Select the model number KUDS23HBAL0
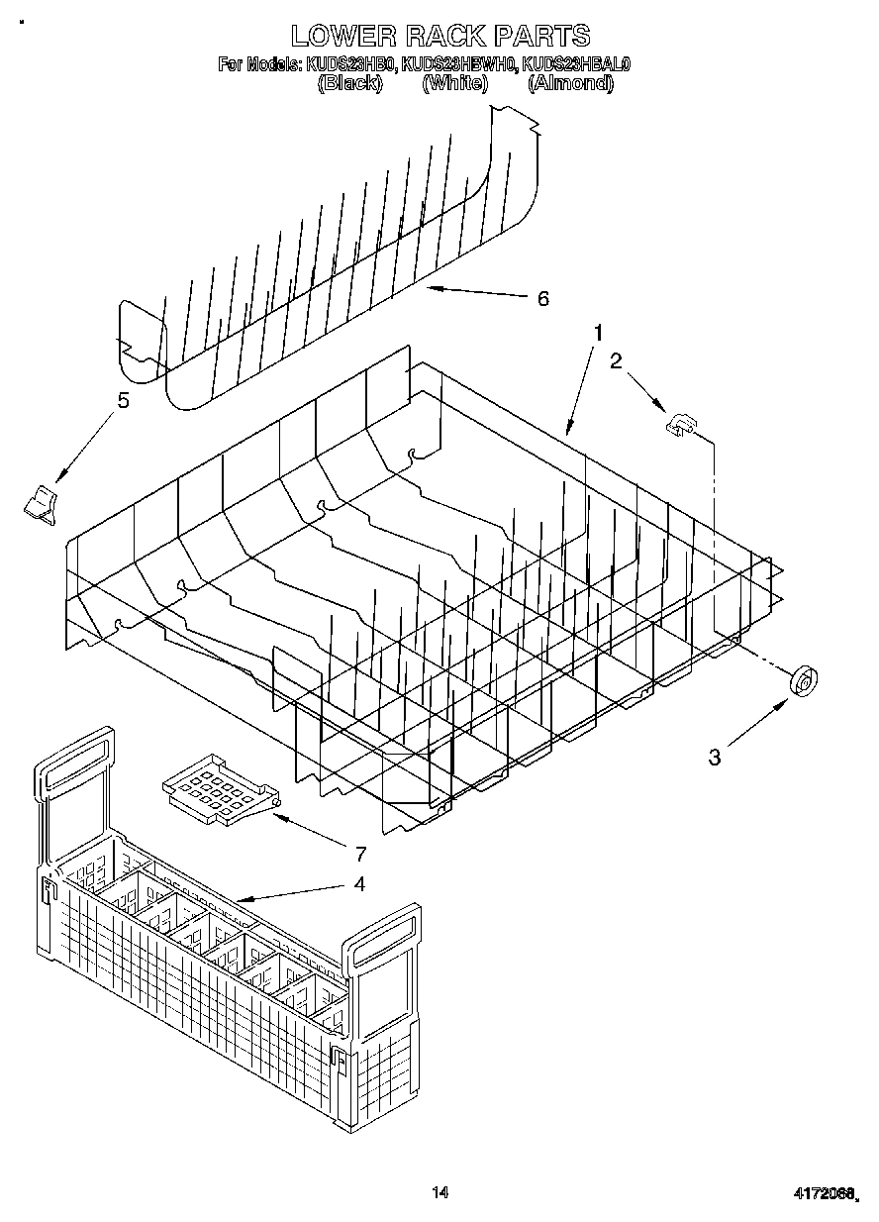[576, 64]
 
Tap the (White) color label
[454, 83]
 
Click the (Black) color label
[349, 83]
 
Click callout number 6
[542, 298]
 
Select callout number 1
[597, 334]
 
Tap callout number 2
[616, 361]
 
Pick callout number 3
[714, 758]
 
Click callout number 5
[123, 400]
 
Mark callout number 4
[358, 883]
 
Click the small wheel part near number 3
[805, 682]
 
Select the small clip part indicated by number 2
[679, 425]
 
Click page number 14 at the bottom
[440, 1192]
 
